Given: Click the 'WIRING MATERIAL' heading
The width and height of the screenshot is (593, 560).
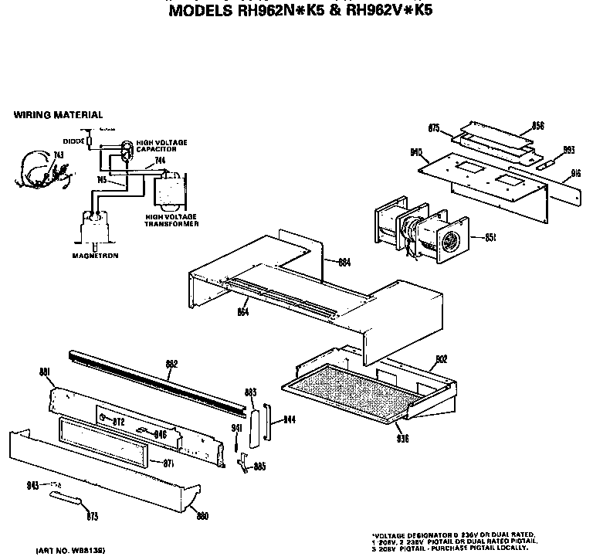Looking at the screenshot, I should click(x=58, y=115).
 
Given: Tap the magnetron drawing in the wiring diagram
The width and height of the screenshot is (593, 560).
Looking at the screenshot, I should click(x=95, y=229).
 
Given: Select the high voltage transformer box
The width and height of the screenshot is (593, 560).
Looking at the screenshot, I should click(x=171, y=192).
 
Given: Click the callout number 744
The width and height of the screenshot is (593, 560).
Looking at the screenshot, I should click(x=160, y=161).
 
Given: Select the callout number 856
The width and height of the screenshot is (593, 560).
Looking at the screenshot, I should click(x=538, y=125).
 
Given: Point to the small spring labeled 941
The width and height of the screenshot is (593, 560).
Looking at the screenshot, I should click(x=235, y=443).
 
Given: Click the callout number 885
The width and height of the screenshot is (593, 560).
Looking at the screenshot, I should click(x=259, y=466).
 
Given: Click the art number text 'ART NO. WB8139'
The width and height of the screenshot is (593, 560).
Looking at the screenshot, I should click(x=69, y=550).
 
